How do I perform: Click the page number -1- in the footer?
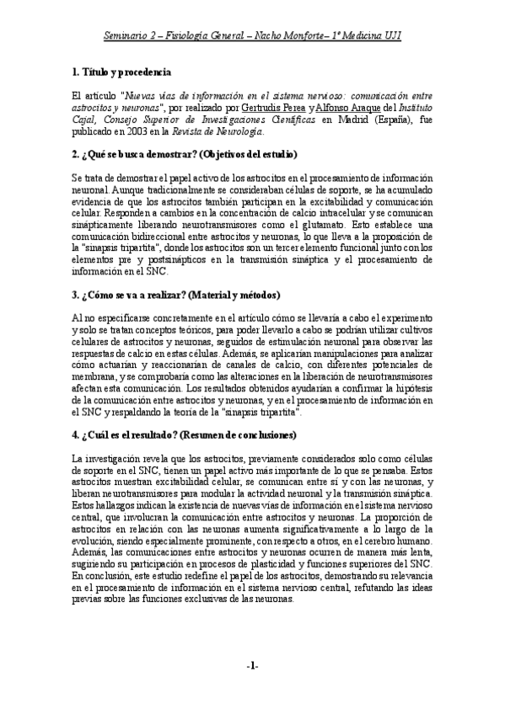click(x=251, y=666)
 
